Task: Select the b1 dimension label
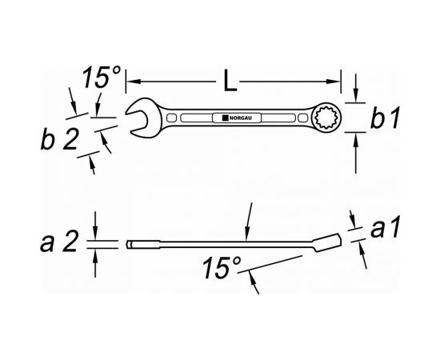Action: pos(386,119)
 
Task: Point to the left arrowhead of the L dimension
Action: pos(132,81)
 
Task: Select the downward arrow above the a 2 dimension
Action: pos(95,229)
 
